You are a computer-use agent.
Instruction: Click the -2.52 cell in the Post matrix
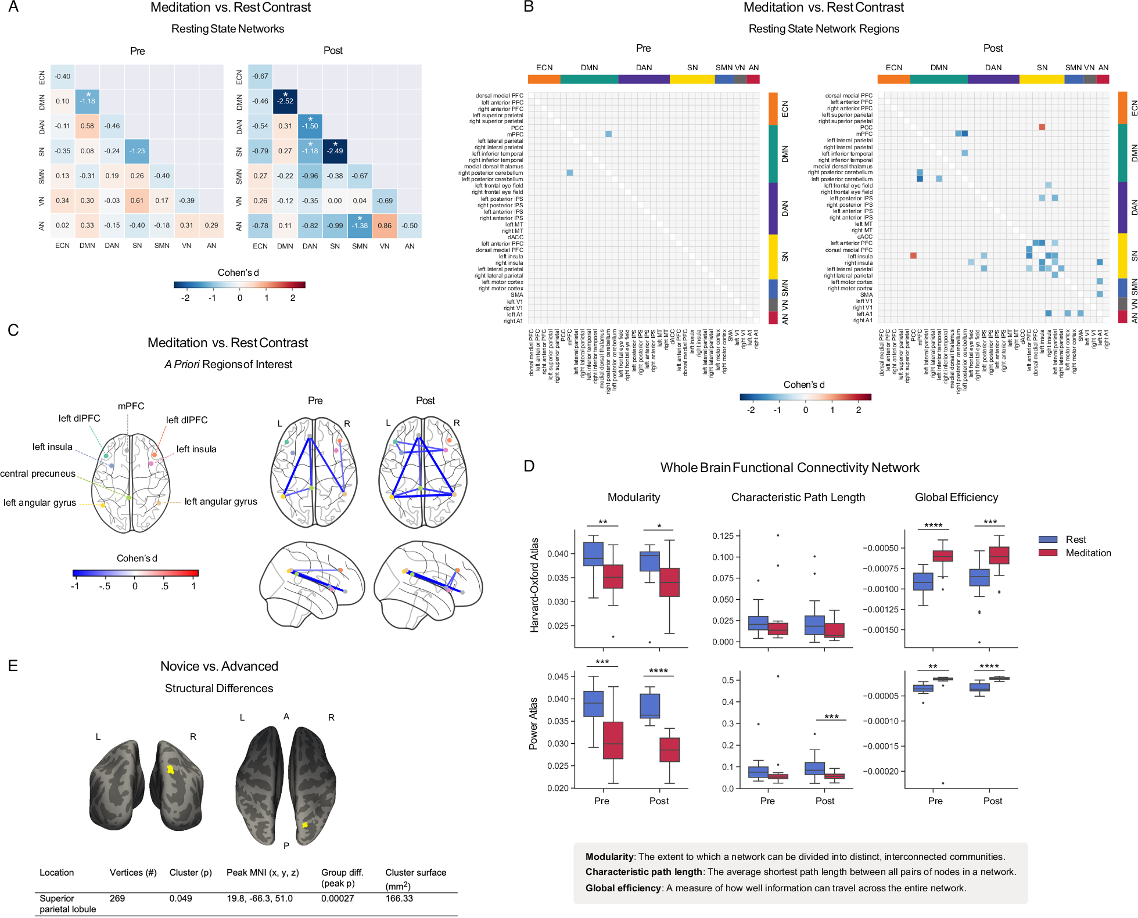point(285,101)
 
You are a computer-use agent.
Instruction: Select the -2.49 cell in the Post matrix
point(335,151)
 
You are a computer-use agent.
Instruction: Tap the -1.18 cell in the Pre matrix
point(87,101)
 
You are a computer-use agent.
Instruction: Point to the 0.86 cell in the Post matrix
point(385,226)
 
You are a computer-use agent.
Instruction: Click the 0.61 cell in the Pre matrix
point(137,201)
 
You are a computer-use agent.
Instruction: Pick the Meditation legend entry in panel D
point(1087,553)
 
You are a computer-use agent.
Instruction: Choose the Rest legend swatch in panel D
point(1047,539)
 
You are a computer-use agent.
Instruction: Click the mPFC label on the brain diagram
point(131,406)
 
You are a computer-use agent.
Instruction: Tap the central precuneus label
point(38,474)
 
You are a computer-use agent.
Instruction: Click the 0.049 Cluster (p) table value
point(181,898)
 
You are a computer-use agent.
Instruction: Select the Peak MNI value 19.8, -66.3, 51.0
point(260,898)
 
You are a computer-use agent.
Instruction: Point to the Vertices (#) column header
point(133,873)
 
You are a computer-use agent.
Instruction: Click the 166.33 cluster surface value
point(399,898)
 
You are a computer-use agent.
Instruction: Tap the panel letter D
point(529,466)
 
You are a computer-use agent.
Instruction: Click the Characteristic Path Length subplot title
point(798,498)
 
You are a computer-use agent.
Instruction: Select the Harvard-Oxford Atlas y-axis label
point(534,585)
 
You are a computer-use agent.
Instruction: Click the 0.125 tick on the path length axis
point(723,535)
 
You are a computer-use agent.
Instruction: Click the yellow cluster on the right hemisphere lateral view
point(170,769)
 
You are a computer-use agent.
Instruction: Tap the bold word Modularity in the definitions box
point(609,857)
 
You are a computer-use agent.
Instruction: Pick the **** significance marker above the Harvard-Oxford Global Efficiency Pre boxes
point(933,525)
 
